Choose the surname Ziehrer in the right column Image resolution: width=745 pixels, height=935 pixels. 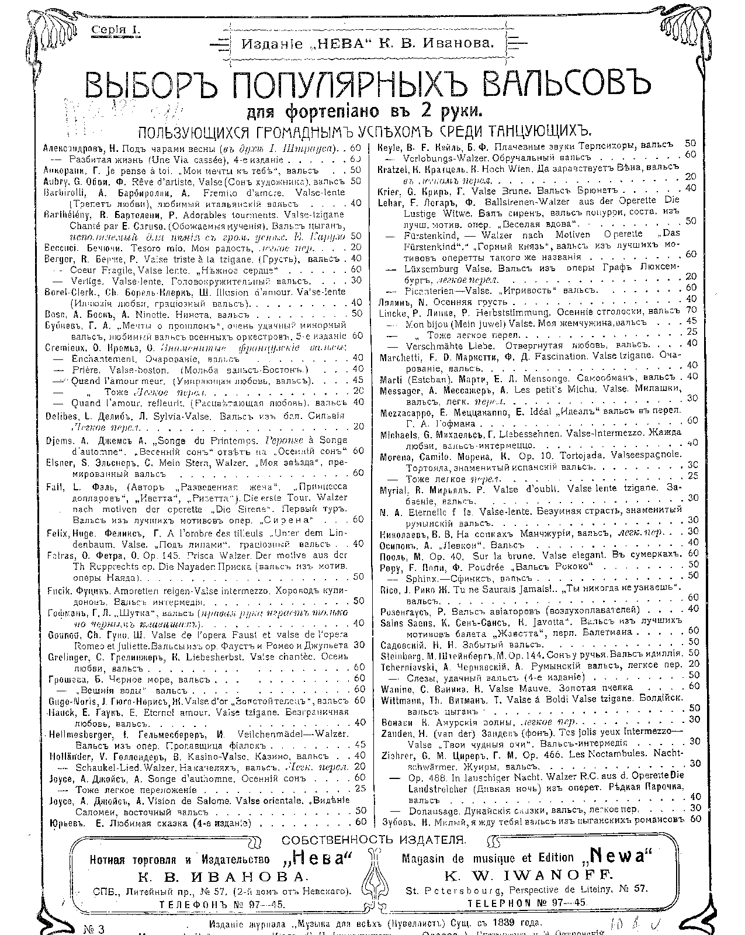pyautogui.click(x=397, y=754)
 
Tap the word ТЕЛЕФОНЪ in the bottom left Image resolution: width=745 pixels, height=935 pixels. pyautogui.click(x=192, y=903)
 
